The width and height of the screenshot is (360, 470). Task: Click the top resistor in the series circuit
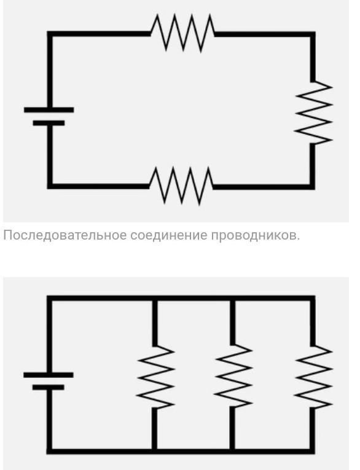click(182, 33)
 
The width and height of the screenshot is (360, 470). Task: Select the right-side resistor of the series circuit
click(313, 112)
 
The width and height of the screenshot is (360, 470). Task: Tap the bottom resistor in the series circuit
click(181, 186)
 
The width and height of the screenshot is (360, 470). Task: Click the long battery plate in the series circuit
click(49, 110)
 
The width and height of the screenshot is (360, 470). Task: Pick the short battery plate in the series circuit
click(49, 123)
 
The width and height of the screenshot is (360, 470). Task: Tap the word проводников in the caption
click(255, 235)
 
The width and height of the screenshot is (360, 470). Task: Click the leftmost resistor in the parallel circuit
click(155, 377)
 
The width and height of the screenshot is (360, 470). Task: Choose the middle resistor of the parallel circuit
click(233, 376)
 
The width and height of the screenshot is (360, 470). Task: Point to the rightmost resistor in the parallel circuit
click(313, 377)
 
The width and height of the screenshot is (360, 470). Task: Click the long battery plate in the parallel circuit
click(49, 375)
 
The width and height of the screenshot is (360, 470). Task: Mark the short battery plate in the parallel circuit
click(49, 387)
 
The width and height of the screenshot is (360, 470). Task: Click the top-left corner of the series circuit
click(50, 34)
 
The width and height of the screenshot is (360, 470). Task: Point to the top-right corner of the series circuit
click(312, 34)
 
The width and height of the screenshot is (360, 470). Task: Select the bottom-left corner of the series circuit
click(50, 186)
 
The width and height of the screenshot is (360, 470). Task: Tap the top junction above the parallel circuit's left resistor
click(155, 298)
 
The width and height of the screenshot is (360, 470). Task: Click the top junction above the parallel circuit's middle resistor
click(233, 298)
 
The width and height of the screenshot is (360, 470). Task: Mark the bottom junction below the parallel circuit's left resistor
click(155, 451)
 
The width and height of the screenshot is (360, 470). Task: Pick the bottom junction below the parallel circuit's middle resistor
click(233, 451)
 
